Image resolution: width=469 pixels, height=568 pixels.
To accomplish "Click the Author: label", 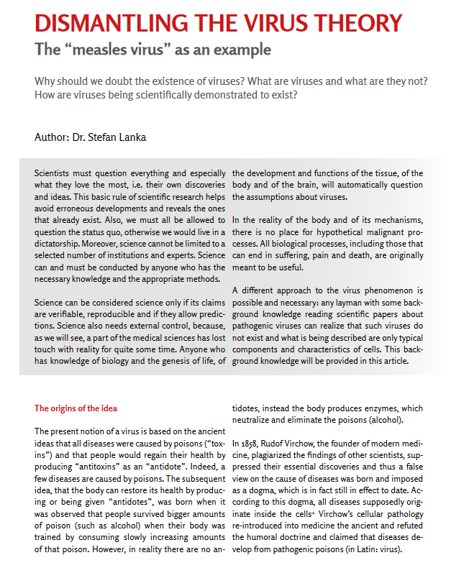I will (52, 137).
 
